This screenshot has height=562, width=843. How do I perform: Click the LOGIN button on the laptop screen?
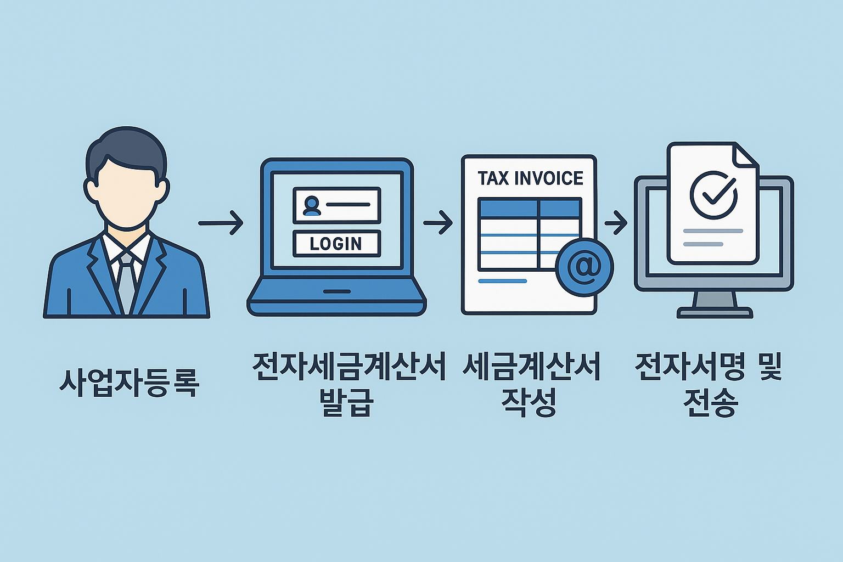336,244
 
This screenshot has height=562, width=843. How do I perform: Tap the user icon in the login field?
312,205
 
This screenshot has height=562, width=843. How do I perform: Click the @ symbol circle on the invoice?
584,267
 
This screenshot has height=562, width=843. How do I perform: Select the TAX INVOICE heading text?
530,178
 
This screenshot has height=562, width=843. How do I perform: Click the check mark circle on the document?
713,195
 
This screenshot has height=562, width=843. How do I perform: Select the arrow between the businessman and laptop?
221,223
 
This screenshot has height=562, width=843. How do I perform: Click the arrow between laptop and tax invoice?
438,223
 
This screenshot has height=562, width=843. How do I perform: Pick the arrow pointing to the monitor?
616,223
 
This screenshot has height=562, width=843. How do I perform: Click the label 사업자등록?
128,382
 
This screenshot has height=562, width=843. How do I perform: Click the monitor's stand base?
715,313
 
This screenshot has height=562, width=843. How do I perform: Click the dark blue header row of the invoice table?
530,208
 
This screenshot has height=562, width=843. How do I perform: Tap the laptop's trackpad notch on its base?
336,291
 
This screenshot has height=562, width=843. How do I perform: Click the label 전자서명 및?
708,367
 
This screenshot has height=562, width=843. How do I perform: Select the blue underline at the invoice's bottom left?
502,281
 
